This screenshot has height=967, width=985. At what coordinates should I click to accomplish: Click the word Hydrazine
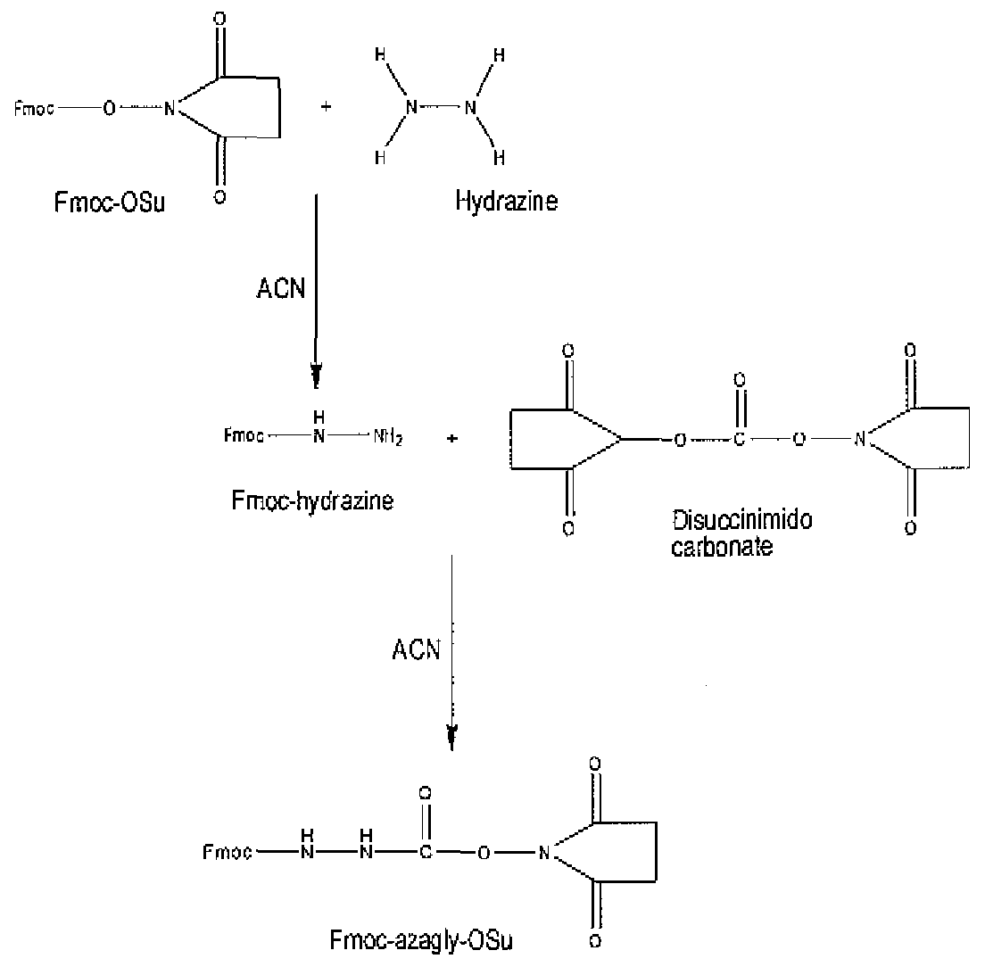(x=506, y=202)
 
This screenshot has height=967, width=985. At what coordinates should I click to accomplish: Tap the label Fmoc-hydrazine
(x=312, y=500)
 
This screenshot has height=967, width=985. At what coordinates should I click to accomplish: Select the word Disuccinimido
(x=742, y=520)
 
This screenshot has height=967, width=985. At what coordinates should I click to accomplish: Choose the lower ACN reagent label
(x=417, y=649)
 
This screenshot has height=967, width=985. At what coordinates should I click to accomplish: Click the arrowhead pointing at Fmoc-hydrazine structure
(x=316, y=378)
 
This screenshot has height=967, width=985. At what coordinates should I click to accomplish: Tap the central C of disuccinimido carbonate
(x=740, y=439)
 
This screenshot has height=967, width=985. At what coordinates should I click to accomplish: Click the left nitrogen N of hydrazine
(x=411, y=108)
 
